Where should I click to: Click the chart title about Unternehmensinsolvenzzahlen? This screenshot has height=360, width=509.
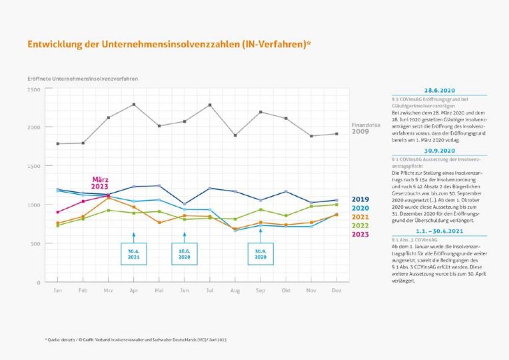pos(169,45)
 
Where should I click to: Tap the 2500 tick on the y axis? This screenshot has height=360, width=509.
pos(34,89)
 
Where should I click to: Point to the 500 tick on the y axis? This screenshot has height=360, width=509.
pos(36,243)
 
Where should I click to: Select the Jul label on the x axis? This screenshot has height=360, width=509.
pos(210,291)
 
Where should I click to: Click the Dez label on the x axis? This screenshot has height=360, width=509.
pos(336,291)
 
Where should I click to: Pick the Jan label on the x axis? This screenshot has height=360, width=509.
pos(58,291)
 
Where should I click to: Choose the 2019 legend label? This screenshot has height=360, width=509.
pos(360,199)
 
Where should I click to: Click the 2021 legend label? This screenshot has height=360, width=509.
pos(360,217)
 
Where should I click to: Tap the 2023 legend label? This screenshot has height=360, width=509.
pos(360,234)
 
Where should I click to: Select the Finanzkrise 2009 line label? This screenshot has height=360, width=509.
pos(360,128)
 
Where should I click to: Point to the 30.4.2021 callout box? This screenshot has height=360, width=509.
pos(133,254)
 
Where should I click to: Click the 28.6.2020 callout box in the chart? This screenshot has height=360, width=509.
pos(185,254)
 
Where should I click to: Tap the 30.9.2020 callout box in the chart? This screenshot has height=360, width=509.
pos(260,254)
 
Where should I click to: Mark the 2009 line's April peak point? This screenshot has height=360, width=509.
pos(134,104)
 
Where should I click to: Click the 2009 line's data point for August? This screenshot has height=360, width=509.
pos(235,135)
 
